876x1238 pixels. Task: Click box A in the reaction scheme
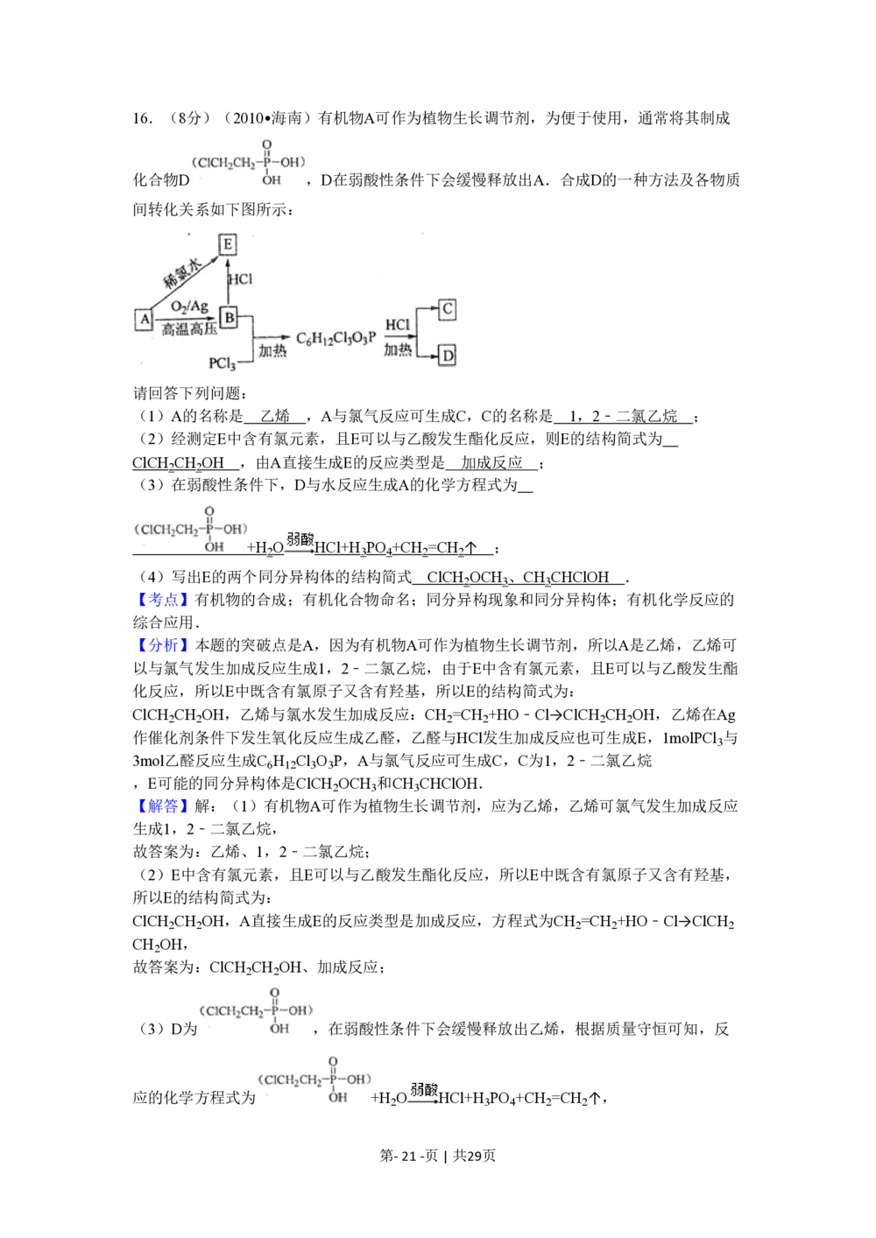[145, 320]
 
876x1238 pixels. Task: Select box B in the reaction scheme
[229, 317]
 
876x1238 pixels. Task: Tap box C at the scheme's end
[448, 309]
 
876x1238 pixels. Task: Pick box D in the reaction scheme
[448, 355]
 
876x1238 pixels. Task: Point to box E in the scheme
[228, 244]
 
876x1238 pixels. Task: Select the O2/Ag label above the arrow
[189, 306]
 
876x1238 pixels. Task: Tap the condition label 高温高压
[189, 329]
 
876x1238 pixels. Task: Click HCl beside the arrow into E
[240, 279]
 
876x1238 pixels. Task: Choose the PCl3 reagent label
[223, 363]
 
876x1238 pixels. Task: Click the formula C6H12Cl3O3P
[336, 338]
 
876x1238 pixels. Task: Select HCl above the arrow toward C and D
[398, 326]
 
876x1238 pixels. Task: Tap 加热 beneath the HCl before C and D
[398, 350]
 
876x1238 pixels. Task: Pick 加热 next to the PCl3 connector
[272, 350]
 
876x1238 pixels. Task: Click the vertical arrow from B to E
[228, 282]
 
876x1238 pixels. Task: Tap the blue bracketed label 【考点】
[161, 600]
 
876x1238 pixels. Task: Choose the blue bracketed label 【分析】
[161, 646]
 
